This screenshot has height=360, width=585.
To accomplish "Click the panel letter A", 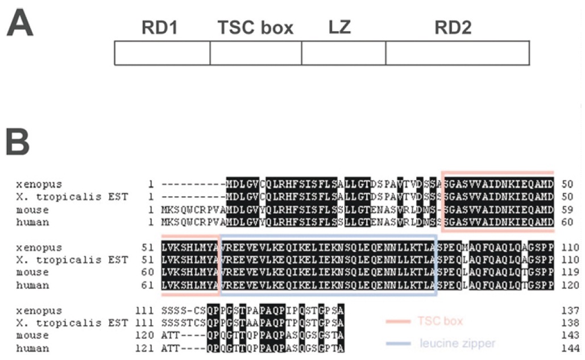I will click(x=20, y=26).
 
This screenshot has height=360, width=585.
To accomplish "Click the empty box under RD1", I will click(x=162, y=53).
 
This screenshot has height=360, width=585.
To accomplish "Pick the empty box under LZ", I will click(x=343, y=53).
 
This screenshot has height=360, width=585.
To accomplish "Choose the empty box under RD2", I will click(x=457, y=53).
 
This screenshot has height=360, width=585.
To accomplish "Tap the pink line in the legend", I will click(x=398, y=322).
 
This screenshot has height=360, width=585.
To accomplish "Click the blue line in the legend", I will click(x=398, y=344).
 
